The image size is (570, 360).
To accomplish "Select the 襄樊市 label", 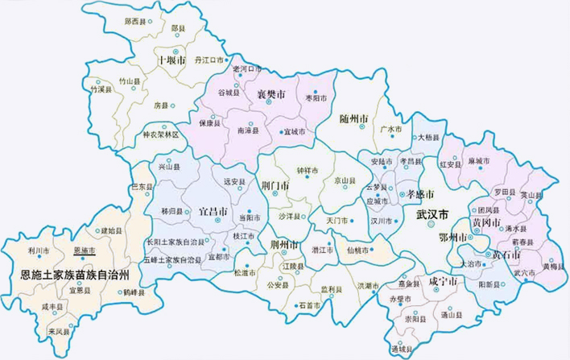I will coord(271,95).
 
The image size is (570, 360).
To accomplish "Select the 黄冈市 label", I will coord(486,221).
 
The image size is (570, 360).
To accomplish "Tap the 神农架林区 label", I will coord(163,134).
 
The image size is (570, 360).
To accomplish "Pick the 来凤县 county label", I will coord(58,331).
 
